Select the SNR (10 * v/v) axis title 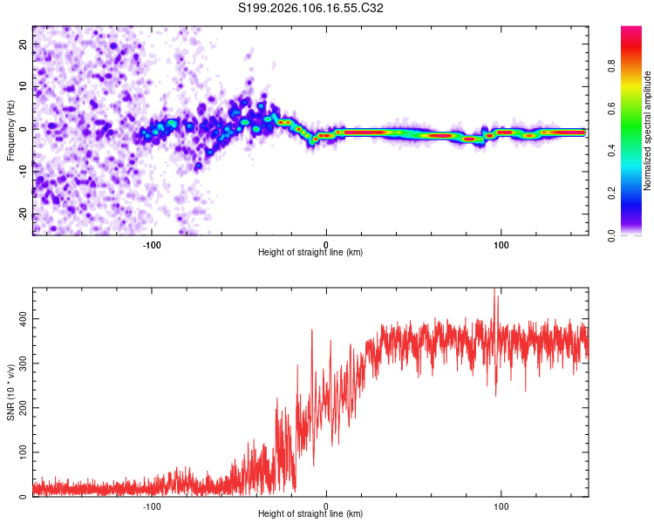pyautogui.click(x=10, y=392)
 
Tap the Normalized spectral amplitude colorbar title pyautogui.click(x=648, y=131)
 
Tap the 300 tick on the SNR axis pyautogui.click(x=23, y=363)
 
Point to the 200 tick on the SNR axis pyautogui.click(x=23, y=408)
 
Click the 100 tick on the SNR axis pyautogui.click(x=23, y=452)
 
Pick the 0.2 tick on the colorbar pyautogui.click(x=611, y=193)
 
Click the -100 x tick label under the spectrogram pyautogui.click(x=152, y=243)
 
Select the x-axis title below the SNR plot pyautogui.click(x=310, y=514)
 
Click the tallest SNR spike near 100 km pyautogui.click(x=494, y=290)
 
